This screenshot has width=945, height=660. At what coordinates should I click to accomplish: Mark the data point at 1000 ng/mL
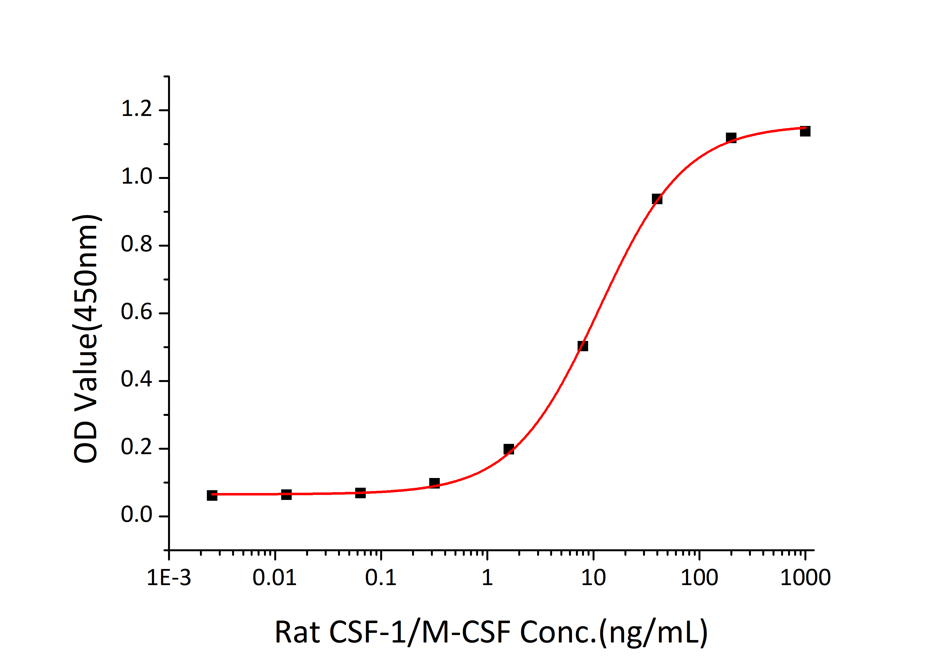805,131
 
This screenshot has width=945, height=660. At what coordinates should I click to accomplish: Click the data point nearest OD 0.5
583,346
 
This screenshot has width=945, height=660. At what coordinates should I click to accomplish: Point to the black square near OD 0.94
657,199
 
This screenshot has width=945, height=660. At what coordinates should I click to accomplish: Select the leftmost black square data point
212,495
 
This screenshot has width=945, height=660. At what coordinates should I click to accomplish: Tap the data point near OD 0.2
509,449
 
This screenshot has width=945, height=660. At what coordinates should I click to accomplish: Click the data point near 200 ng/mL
731,138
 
